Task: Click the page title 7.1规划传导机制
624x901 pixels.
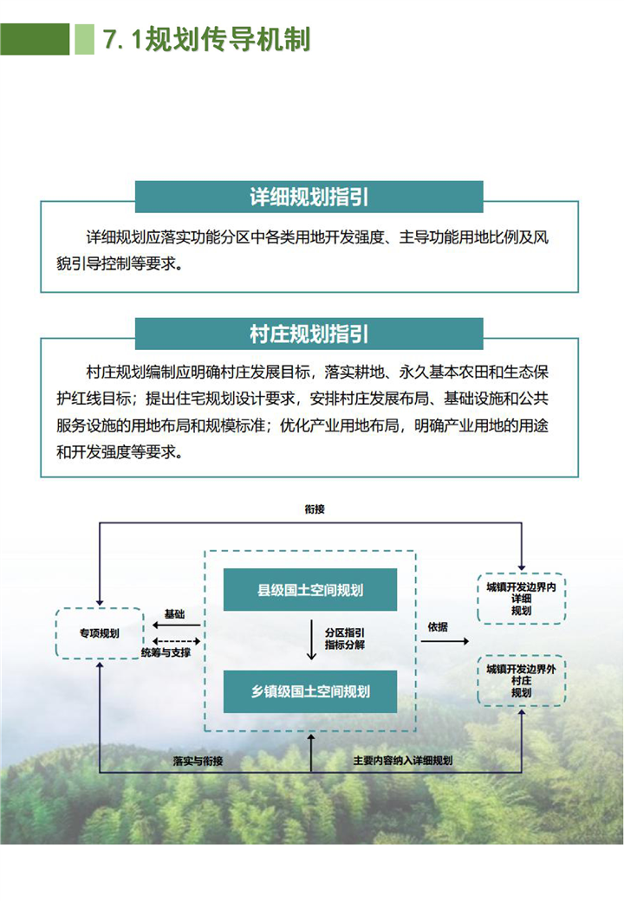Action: click(x=206, y=39)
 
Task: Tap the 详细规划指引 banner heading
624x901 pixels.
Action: click(x=309, y=197)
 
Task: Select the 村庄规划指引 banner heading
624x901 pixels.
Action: click(x=309, y=334)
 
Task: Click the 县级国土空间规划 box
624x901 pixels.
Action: click(x=309, y=590)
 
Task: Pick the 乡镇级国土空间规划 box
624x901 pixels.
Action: click(x=309, y=691)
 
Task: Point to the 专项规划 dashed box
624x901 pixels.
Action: click(x=98, y=633)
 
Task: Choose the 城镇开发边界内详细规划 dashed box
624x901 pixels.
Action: click(x=521, y=598)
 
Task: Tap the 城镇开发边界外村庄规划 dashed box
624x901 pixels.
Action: click(x=521, y=680)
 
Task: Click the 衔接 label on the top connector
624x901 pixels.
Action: click(x=315, y=509)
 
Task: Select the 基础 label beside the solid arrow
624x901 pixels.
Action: click(x=174, y=614)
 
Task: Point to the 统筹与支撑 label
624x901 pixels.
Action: click(x=166, y=652)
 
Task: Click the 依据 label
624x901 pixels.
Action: click(x=438, y=626)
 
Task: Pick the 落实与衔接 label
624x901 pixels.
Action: click(x=198, y=761)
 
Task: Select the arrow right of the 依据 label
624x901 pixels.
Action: click(x=452, y=641)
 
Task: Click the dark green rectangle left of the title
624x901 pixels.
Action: click(x=35, y=39)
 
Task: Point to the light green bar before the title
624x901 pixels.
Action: click(x=84, y=39)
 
